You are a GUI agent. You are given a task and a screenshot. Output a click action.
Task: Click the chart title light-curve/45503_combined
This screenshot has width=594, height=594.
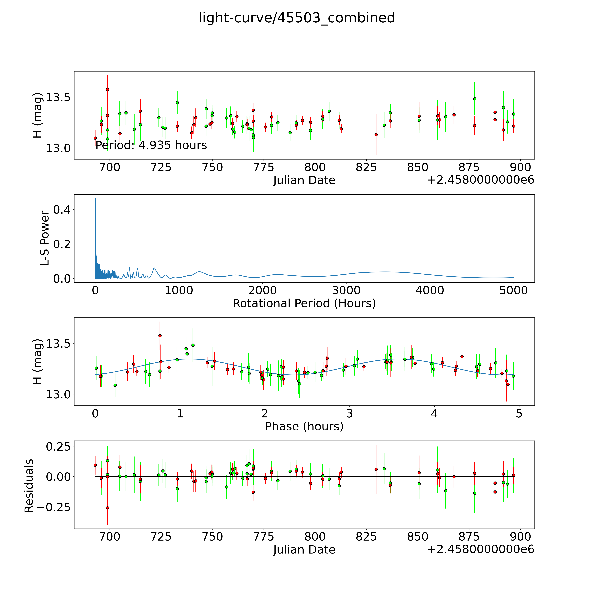pyautogui.click(x=297, y=18)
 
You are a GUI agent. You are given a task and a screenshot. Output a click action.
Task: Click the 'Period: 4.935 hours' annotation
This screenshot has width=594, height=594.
pyautogui.click(x=151, y=145)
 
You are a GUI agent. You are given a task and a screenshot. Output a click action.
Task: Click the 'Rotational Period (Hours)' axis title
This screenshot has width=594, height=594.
pyautogui.click(x=304, y=303)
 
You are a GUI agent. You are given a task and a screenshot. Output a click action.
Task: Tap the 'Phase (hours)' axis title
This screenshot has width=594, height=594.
pyautogui.click(x=304, y=426)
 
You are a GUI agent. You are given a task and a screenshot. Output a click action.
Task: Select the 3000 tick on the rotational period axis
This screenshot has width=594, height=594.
pyautogui.click(x=346, y=290)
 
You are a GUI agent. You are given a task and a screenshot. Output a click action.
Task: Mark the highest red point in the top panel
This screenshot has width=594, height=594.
pyautogui.click(x=107, y=89)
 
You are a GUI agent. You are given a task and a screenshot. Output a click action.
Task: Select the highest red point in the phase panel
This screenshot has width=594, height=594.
pyautogui.click(x=160, y=336)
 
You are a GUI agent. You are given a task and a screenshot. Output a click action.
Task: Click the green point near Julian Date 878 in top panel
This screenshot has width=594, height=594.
pyautogui.click(x=474, y=99)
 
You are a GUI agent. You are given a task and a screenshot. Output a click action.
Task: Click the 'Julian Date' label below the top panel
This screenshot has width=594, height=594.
pyautogui.click(x=304, y=180)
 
